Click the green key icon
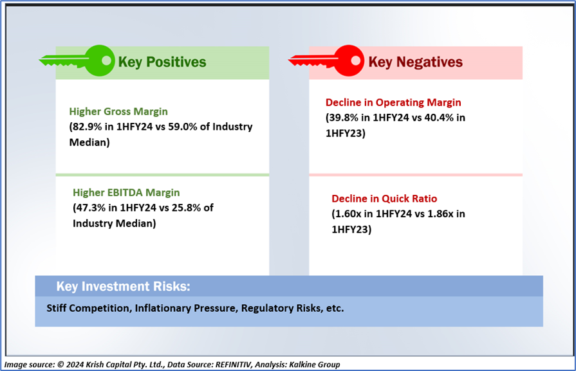tap(78, 60)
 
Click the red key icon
tap(327, 60)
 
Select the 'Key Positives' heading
tap(162, 62)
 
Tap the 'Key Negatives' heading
tap(416, 62)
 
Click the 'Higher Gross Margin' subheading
tap(118, 111)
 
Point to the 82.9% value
tap(87, 127)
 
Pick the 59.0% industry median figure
tap(183, 127)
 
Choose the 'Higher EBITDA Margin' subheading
tap(126, 192)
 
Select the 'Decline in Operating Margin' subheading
tap(393, 102)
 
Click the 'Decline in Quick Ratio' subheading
tap(384, 199)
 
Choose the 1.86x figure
tap(440, 214)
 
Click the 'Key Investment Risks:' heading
tap(123, 286)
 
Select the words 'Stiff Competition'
tap(89, 308)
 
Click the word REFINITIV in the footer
tap(233, 365)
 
